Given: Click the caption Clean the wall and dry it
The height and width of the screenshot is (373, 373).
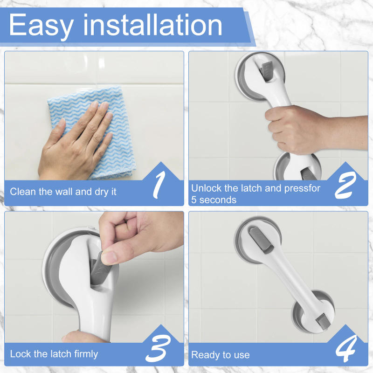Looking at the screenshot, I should click(63, 192).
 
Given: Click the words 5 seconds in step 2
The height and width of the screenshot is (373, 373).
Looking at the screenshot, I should click(214, 200).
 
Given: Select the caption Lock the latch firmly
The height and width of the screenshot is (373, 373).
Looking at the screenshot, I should click(54, 354).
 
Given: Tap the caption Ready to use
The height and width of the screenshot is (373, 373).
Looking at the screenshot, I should click(220, 355).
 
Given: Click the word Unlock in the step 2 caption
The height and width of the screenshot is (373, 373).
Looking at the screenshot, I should click(206, 188).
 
